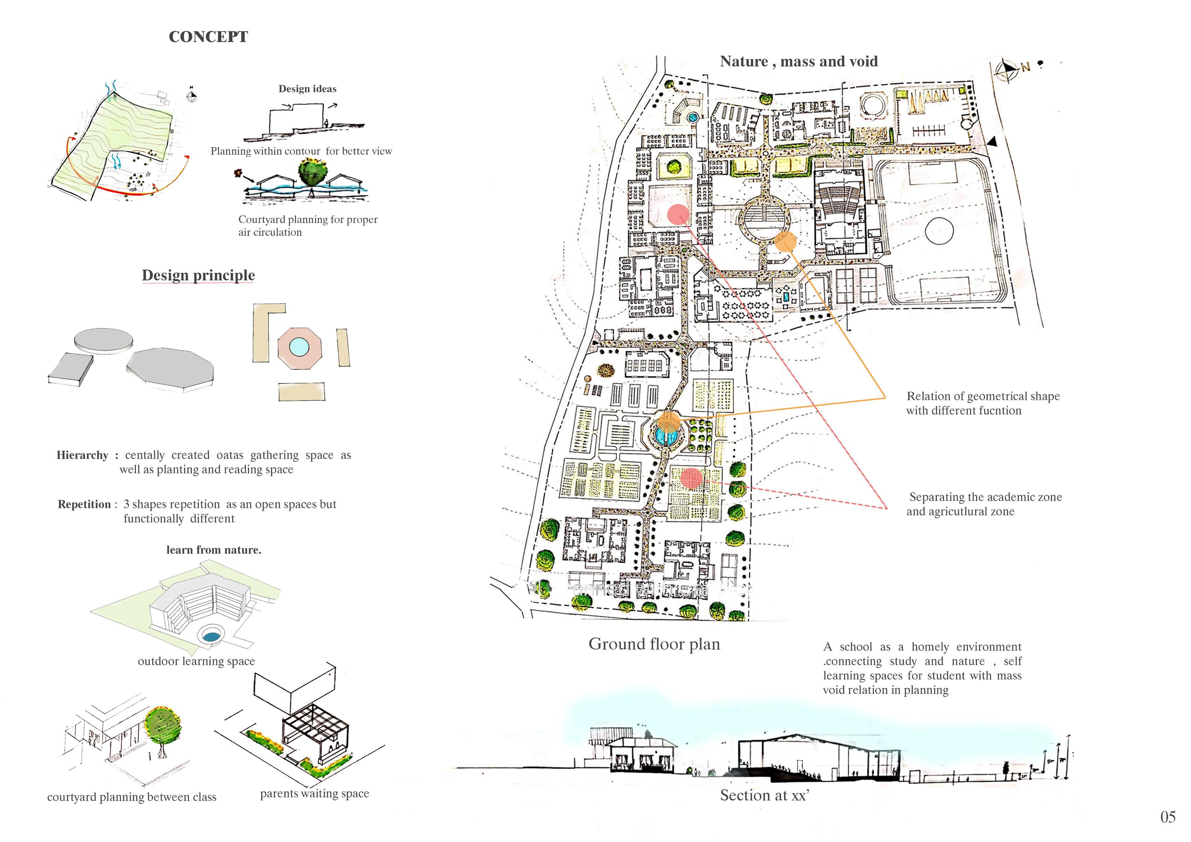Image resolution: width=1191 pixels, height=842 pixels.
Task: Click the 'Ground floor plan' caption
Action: pos(654,644)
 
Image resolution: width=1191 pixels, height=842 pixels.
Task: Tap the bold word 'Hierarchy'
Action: pos(82,455)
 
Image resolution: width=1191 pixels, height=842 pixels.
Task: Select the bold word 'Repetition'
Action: pos(84,504)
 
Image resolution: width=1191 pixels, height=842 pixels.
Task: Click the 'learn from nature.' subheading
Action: pos(214,550)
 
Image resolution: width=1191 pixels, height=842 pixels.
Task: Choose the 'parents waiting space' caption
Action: pos(314,793)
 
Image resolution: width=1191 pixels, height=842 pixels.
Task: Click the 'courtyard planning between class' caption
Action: pos(132,797)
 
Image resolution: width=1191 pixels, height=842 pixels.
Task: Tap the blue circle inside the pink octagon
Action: pos(299,347)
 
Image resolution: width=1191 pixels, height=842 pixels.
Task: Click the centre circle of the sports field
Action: pos(939,230)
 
